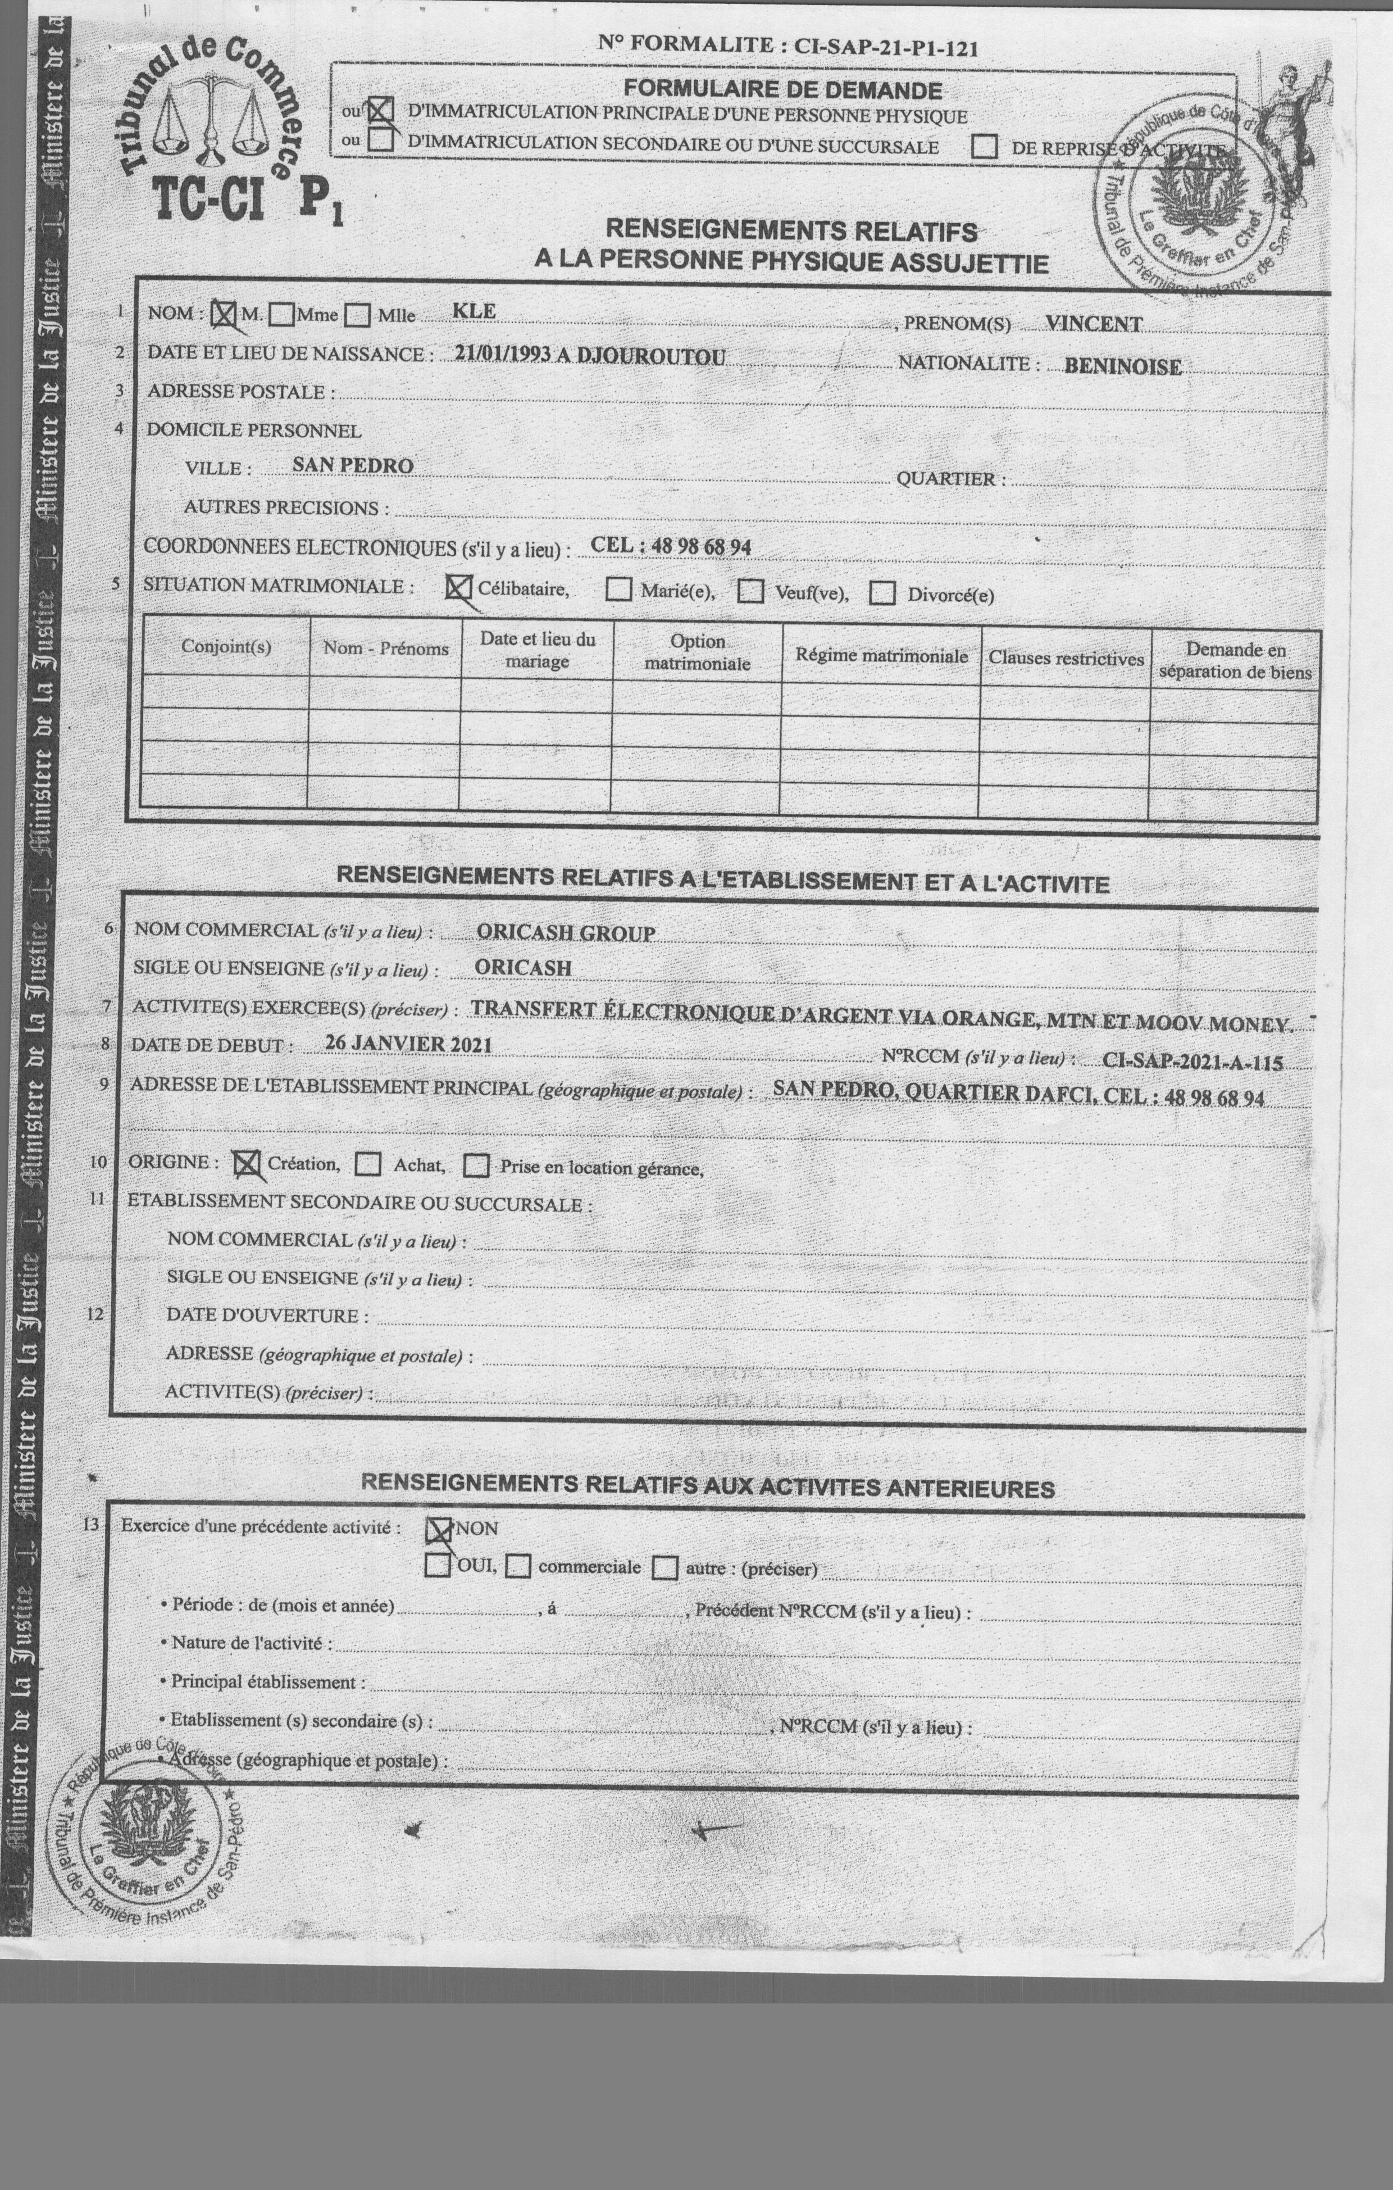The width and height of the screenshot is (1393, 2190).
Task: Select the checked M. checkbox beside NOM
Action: point(224,314)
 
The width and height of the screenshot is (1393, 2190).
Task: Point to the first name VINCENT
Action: point(1094,324)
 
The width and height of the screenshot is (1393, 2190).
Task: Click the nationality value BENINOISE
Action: point(1123,366)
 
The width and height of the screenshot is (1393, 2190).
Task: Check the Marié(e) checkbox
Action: point(619,590)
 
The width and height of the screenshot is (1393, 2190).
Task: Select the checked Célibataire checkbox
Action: point(458,587)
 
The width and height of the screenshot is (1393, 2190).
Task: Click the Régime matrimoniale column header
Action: point(880,656)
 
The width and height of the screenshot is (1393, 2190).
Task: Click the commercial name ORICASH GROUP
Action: point(566,933)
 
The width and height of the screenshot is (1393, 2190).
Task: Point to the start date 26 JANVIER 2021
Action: point(408,1043)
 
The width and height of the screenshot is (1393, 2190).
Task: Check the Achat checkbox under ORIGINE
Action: point(368,1164)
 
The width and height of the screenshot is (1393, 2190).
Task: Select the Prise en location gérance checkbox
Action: point(476,1166)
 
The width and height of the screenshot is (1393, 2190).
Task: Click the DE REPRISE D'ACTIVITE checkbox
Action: point(985,147)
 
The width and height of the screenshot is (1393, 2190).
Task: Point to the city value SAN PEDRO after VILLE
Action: point(353,466)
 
